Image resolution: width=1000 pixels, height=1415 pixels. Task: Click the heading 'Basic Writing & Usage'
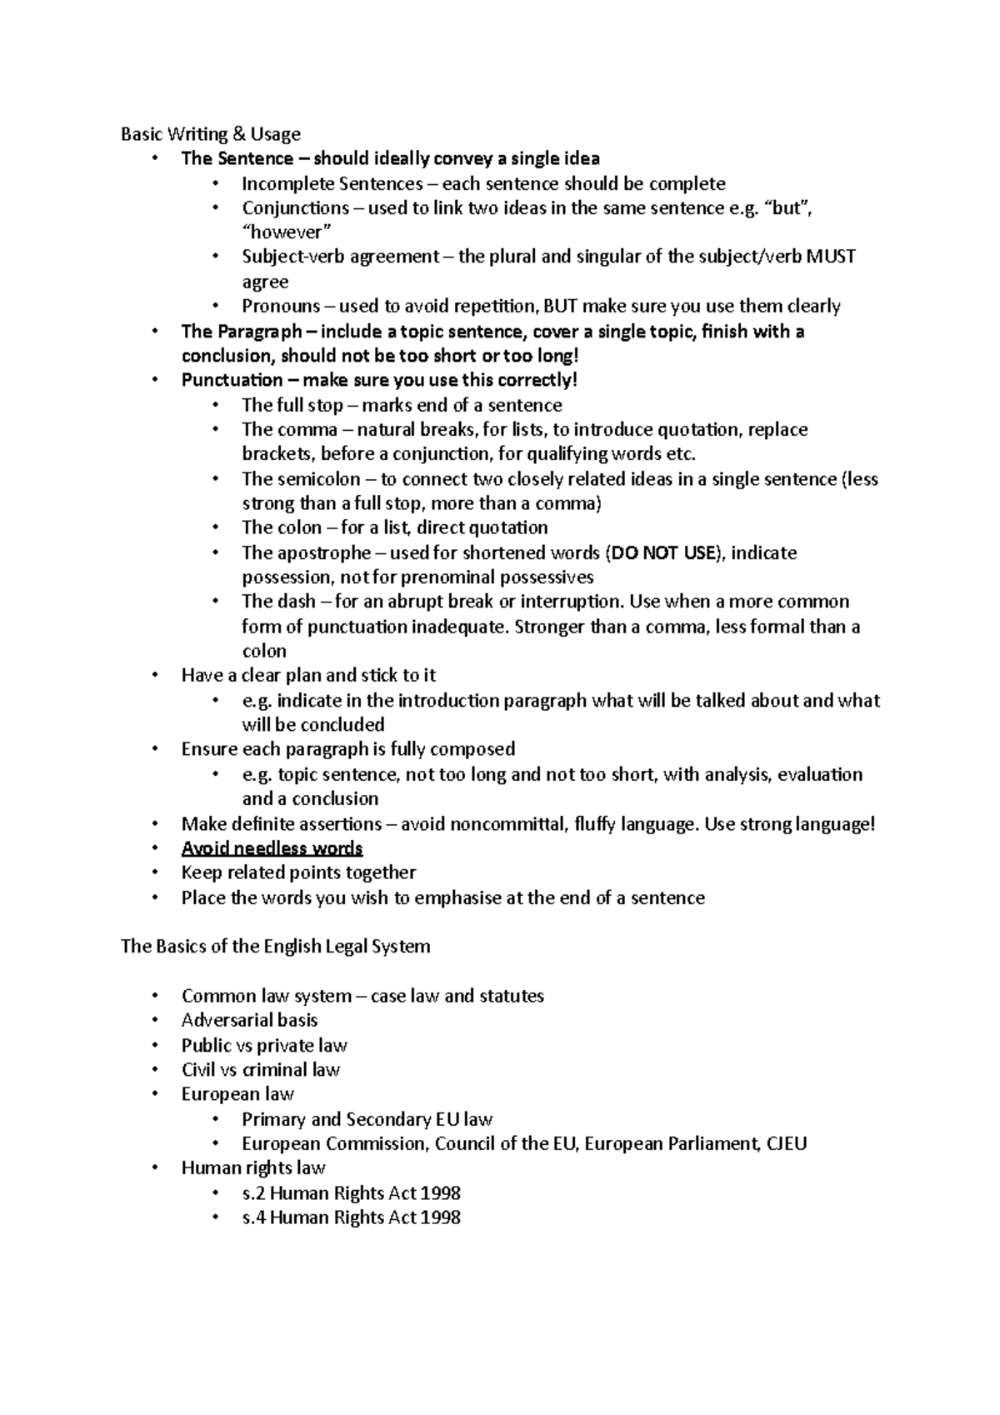210,134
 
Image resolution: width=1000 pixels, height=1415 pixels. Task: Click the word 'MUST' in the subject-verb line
831,257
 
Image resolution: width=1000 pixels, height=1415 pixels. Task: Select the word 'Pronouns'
281,306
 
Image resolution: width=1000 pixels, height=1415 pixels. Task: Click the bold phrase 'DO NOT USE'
663,552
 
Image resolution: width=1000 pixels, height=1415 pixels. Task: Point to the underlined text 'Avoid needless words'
272,848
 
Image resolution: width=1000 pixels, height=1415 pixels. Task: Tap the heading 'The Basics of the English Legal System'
275,947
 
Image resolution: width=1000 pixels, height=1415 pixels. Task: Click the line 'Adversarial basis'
249,1020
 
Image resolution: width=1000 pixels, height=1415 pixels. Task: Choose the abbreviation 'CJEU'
786,1143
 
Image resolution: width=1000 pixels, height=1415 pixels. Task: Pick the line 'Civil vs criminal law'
260,1069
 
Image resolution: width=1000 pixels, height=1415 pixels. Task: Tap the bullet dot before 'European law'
154,1094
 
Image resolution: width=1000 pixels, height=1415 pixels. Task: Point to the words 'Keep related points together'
298,872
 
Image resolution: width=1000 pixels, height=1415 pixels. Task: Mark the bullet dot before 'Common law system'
154,996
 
